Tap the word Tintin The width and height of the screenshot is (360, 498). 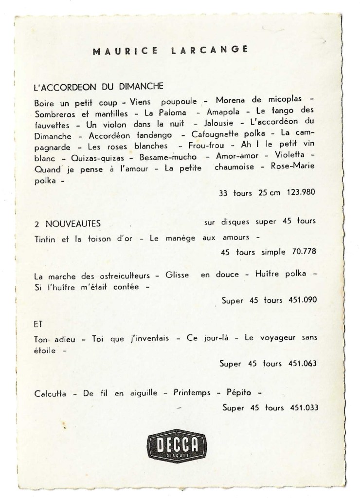45,239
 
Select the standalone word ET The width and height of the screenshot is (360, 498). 39,322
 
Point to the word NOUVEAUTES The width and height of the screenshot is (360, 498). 73,223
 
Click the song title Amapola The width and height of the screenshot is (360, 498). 223,113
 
